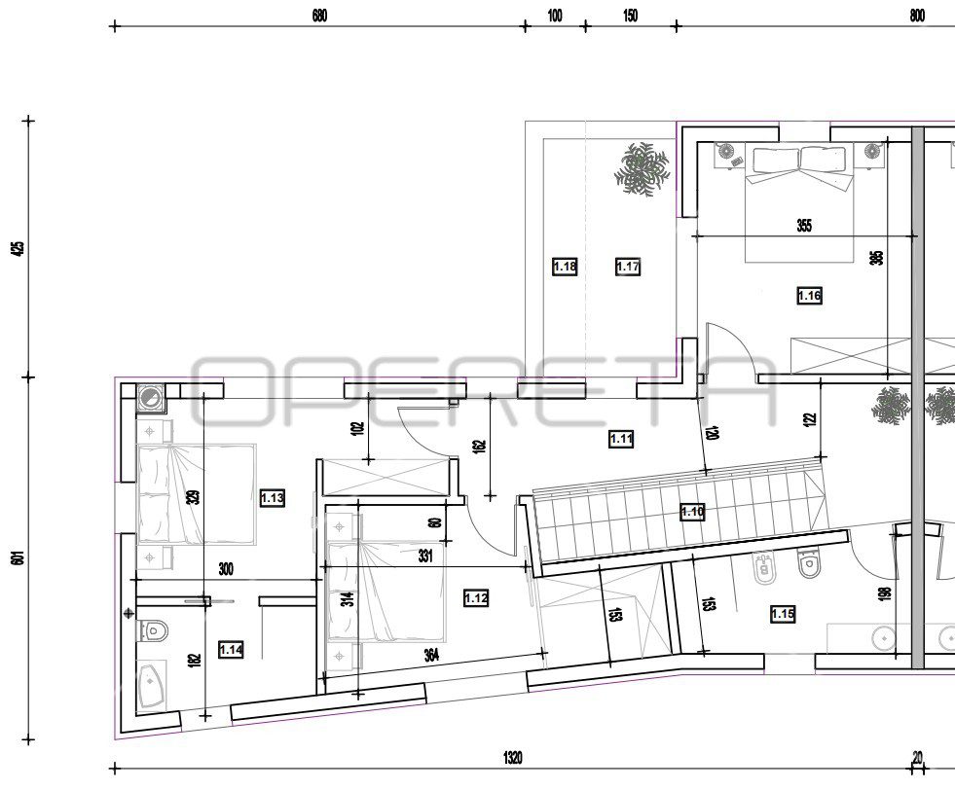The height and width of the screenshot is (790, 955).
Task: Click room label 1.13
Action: pyautogui.click(x=272, y=498)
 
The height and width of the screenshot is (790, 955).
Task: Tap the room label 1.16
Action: pyautogui.click(x=809, y=296)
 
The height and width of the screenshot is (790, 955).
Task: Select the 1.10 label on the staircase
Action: pyautogui.click(x=692, y=512)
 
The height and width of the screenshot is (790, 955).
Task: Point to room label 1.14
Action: pyautogui.click(x=232, y=650)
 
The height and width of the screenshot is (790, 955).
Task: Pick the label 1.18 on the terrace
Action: pyautogui.click(x=565, y=267)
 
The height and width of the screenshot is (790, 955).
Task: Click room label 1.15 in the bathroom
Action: pyautogui.click(x=783, y=614)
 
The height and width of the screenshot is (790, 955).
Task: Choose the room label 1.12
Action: pyautogui.click(x=476, y=598)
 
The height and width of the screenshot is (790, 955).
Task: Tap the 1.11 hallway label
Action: pyautogui.click(x=621, y=438)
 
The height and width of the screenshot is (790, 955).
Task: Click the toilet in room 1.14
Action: pyautogui.click(x=153, y=630)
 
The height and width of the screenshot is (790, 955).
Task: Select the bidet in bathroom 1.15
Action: pyautogui.click(x=764, y=568)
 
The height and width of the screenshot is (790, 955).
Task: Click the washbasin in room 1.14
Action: pyautogui.click(x=151, y=688)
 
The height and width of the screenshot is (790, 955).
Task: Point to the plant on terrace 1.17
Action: pyautogui.click(x=642, y=168)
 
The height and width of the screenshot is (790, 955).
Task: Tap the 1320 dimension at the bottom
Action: pyautogui.click(x=513, y=758)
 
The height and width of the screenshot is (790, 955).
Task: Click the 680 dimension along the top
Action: pyautogui.click(x=319, y=16)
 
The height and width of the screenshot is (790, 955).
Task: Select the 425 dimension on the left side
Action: pyautogui.click(x=18, y=248)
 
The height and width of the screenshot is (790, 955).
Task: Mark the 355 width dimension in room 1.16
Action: pyautogui.click(x=804, y=225)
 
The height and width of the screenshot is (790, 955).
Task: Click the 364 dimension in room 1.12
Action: pyautogui.click(x=431, y=655)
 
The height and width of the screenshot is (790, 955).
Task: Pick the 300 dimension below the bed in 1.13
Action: pyautogui.click(x=225, y=570)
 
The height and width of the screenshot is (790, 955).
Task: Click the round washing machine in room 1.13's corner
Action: pyautogui.click(x=149, y=398)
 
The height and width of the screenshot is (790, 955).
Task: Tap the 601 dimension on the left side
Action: pyautogui.click(x=18, y=558)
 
